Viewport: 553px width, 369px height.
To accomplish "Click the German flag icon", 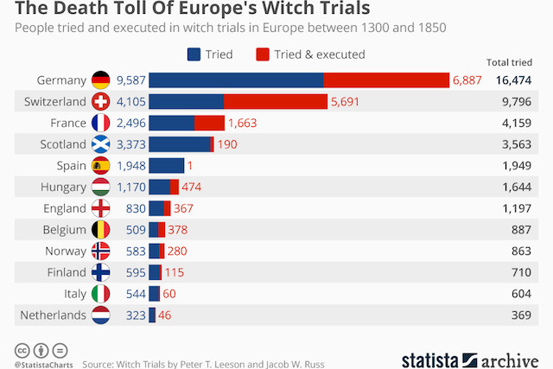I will click(101, 80).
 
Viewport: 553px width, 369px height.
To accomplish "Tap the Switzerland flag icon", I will click(101, 101).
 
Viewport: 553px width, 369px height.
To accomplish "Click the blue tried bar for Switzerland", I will click(187, 101).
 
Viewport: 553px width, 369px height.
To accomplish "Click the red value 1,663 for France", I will click(245, 123).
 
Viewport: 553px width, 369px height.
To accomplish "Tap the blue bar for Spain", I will click(167, 165).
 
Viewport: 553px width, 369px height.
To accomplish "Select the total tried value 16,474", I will click(513, 80).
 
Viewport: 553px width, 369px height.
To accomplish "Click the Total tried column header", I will click(510, 62).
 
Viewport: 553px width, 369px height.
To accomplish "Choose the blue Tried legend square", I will click(194, 54).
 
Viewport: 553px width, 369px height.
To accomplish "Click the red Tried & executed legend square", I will click(263, 54).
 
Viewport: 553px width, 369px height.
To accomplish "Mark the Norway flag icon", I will click(101, 251).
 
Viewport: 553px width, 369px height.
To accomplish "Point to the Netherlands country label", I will click(54, 315).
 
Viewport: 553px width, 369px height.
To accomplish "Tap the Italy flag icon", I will click(101, 293).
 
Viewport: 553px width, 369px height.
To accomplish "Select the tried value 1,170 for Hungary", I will click(130, 187).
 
